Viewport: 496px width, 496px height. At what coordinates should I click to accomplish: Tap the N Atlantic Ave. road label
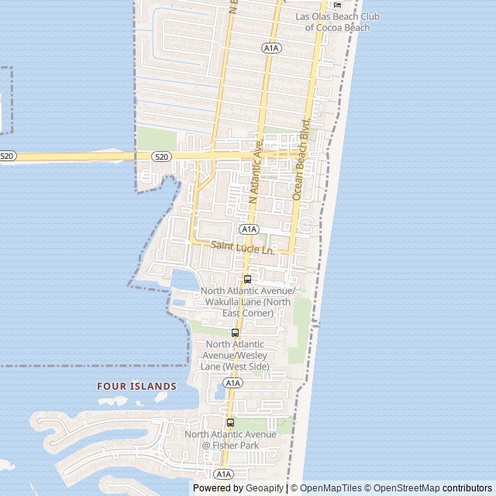(x=257, y=171)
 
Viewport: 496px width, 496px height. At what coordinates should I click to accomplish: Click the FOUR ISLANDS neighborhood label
(x=136, y=385)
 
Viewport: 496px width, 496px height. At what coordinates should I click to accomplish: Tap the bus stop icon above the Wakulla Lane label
(x=247, y=279)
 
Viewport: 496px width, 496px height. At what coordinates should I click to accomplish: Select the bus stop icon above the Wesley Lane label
(x=235, y=332)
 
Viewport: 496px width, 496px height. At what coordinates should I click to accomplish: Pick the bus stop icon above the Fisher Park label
(x=230, y=422)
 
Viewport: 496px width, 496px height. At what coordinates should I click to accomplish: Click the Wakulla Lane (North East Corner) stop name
(x=246, y=301)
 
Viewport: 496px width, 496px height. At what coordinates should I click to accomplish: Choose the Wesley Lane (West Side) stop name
(x=235, y=355)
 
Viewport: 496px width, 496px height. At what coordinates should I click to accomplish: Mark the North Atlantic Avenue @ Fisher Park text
(x=229, y=439)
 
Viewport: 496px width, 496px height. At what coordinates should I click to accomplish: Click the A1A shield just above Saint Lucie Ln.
(x=248, y=229)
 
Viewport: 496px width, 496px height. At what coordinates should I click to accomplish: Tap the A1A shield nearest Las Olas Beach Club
(x=270, y=48)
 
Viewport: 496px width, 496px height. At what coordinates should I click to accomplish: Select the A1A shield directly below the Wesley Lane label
(x=232, y=383)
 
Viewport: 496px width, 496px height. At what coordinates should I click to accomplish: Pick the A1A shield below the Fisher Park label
(x=223, y=474)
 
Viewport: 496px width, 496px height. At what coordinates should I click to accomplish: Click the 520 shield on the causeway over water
(x=7, y=157)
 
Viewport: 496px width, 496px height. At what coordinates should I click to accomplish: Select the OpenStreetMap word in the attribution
(x=406, y=488)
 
